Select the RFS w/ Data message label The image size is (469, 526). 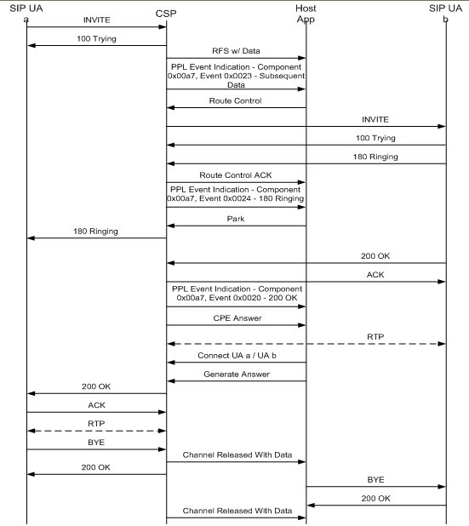(235, 51)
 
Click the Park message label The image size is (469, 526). (235, 218)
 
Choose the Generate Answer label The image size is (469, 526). (235, 373)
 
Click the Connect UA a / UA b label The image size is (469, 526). (235, 354)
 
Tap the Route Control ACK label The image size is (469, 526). (235, 175)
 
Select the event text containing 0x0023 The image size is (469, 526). (235, 76)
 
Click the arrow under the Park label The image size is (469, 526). (235, 226)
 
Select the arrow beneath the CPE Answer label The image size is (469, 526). (235, 325)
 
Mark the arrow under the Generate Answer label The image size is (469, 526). (235, 381)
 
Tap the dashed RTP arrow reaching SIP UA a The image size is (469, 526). (96, 431)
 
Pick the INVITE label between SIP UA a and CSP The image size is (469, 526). (96, 18)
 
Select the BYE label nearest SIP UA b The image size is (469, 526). (375, 480)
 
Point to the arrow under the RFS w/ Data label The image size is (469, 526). (235, 59)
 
